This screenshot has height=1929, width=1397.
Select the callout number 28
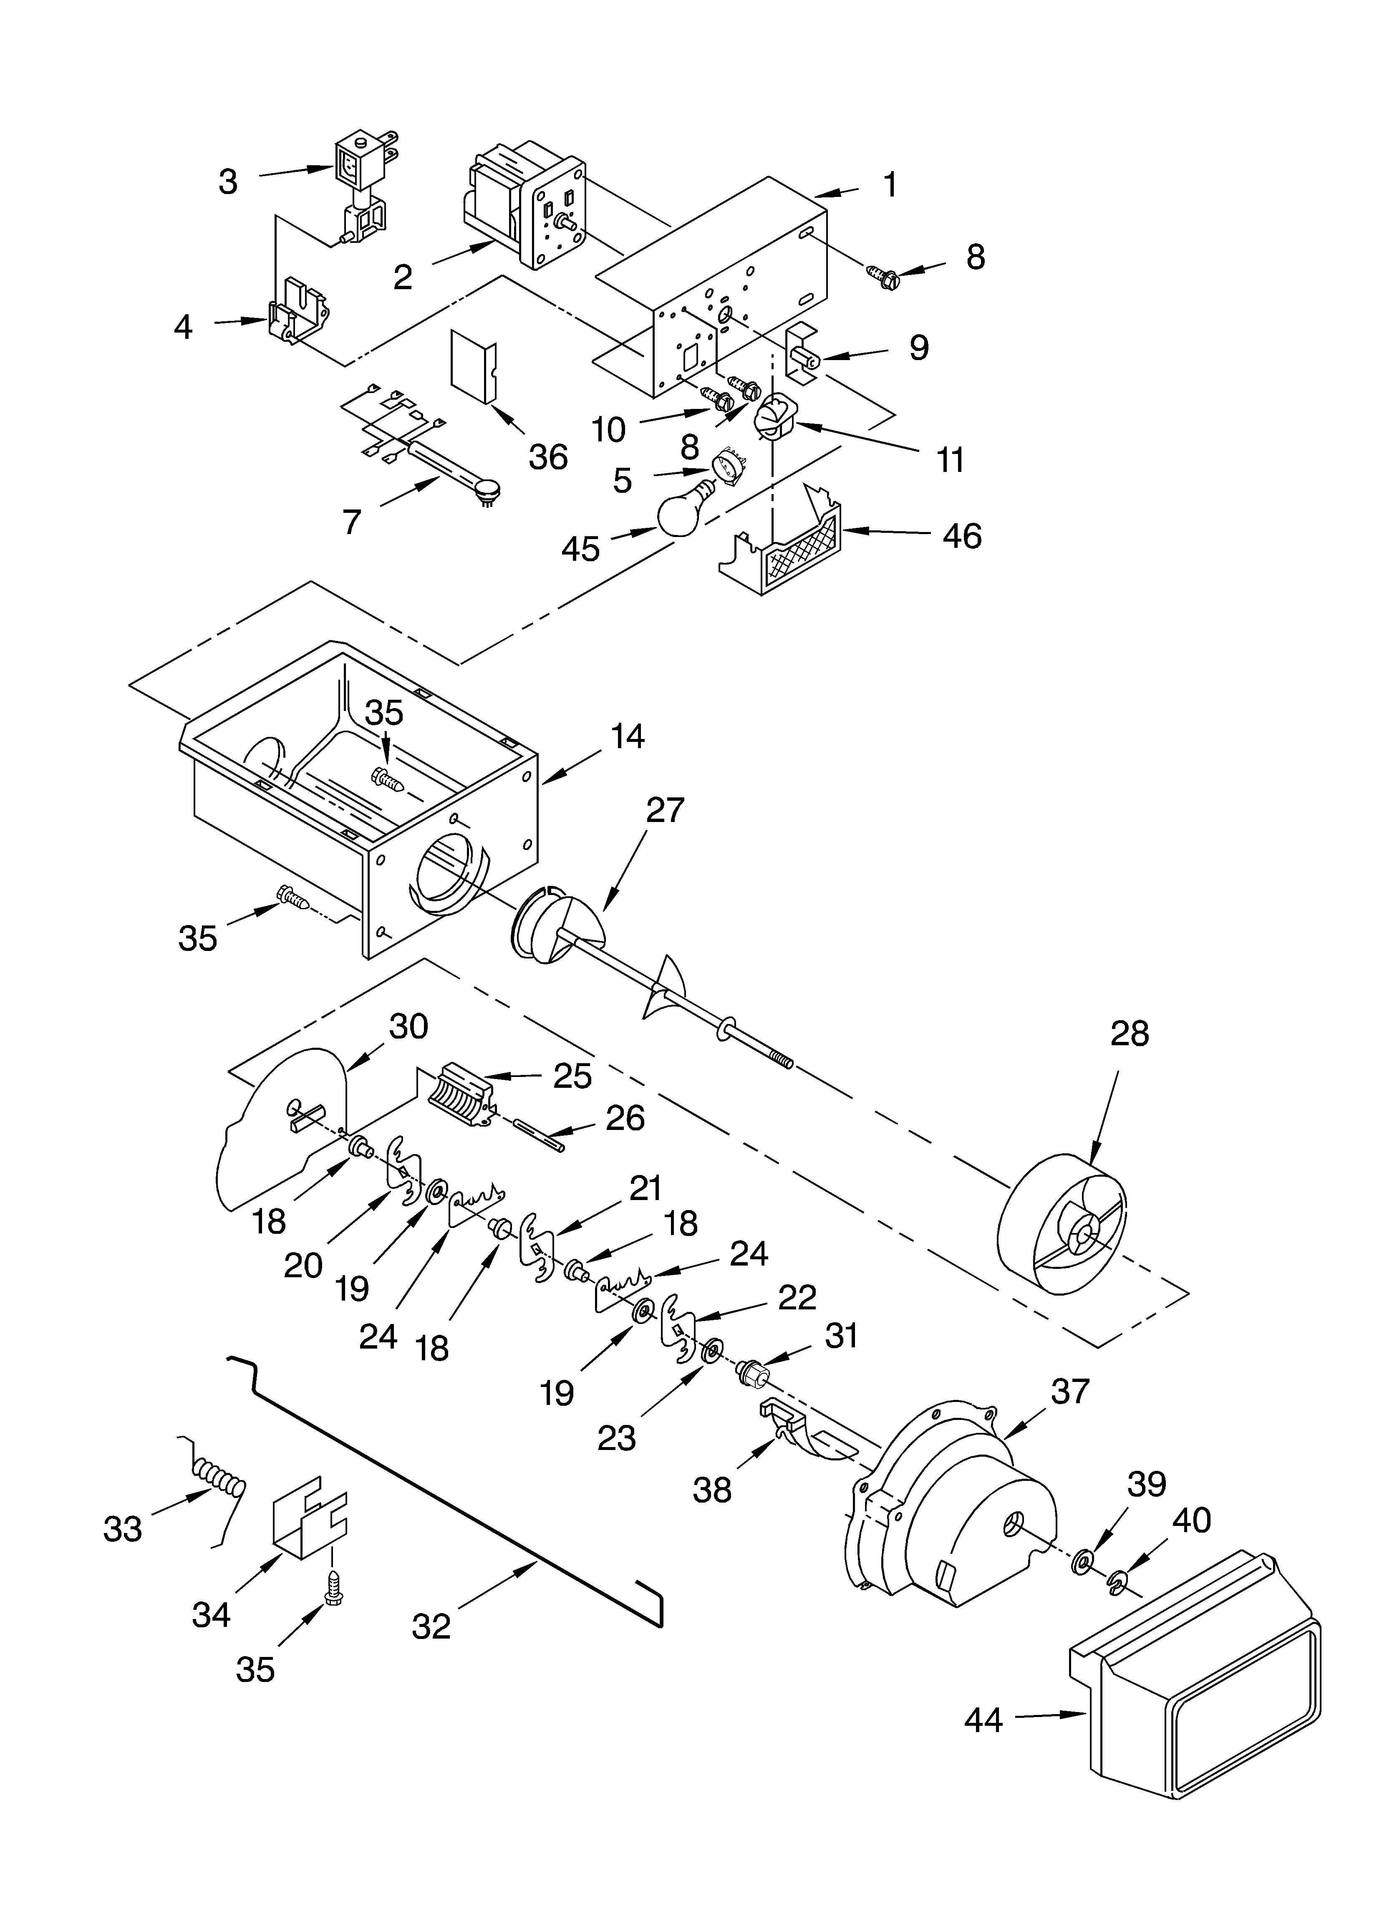click(x=1129, y=1034)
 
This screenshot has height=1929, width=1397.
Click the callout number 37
click(x=1069, y=1390)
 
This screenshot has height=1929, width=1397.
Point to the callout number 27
click(x=664, y=811)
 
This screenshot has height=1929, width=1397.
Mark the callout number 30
click(x=409, y=1026)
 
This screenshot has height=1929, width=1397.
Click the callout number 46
click(x=962, y=536)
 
